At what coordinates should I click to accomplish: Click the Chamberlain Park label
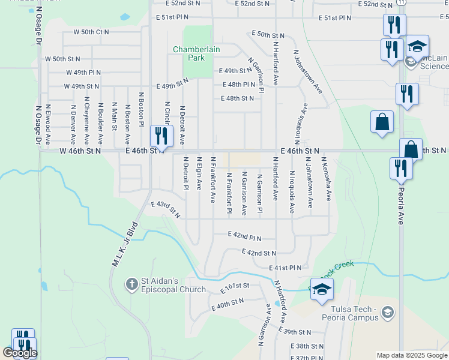pos(189,53)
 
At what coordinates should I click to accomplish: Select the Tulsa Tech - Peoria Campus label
pos(348,313)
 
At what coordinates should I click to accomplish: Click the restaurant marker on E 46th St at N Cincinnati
pos(160,136)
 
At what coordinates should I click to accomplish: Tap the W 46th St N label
pos(80,152)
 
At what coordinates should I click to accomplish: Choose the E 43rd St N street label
pos(166,209)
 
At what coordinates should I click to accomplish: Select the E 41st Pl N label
pos(285,267)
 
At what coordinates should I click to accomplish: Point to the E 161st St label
pos(234,288)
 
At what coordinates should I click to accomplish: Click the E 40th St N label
pos(228,304)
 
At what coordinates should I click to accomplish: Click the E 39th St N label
pos(294,331)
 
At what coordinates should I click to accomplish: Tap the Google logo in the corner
pos(19,353)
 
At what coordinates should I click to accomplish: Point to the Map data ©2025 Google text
pos(411,355)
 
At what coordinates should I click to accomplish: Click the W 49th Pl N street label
pos(83,72)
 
